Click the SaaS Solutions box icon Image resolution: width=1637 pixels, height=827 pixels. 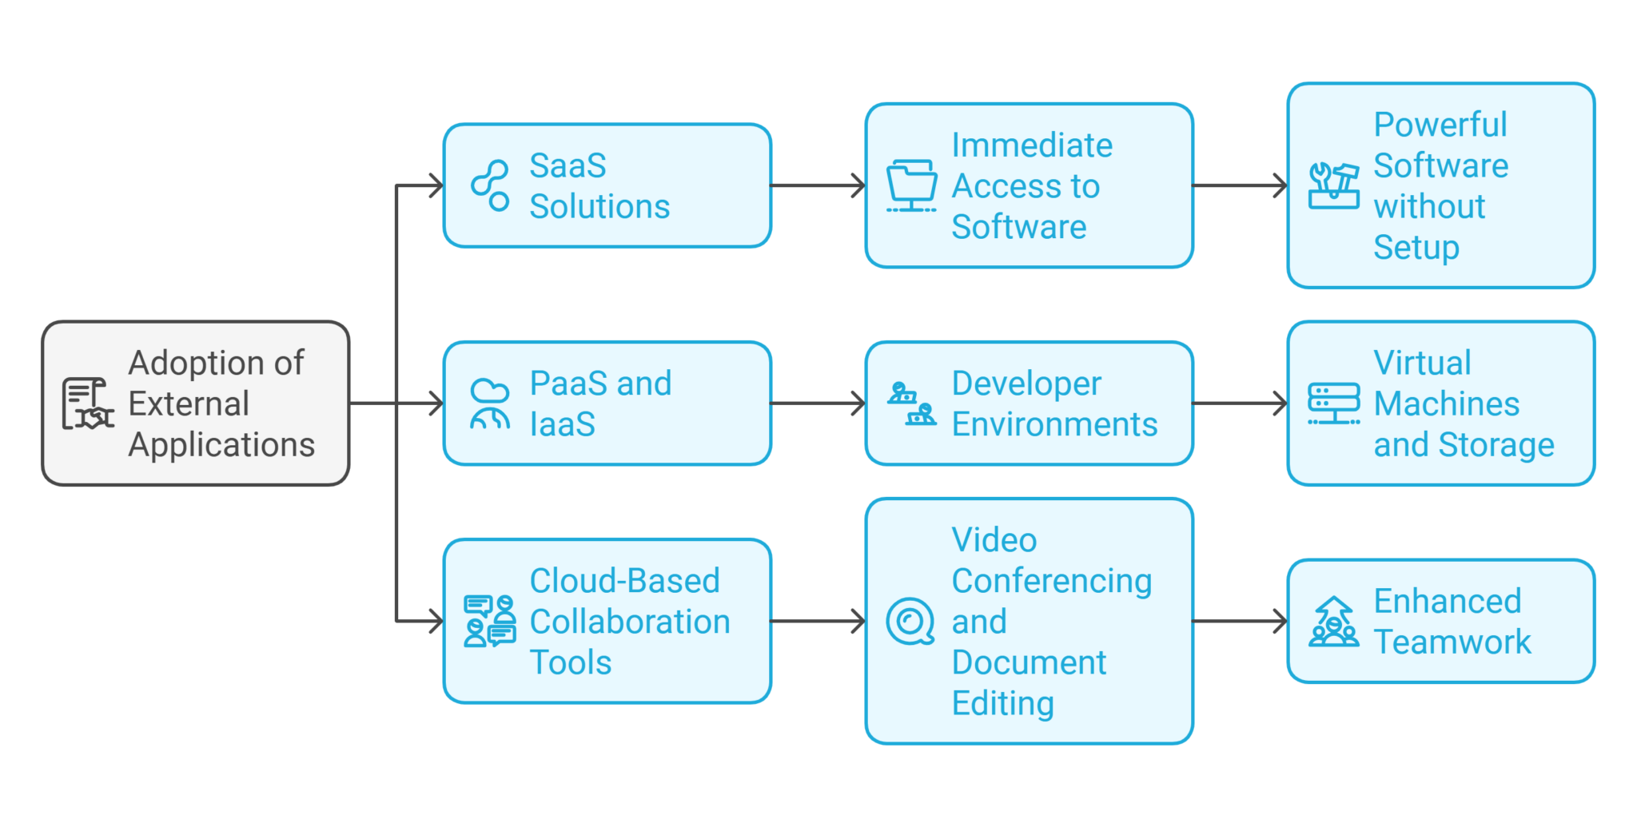point(490,185)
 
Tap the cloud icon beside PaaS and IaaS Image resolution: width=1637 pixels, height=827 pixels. point(490,404)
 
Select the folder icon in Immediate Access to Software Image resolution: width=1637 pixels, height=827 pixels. point(911,185)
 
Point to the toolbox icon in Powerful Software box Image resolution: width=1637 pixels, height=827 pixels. point(1333,185)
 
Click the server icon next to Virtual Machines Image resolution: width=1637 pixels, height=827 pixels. point(1333,404)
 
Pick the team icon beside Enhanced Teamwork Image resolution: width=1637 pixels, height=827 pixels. point(1333,622)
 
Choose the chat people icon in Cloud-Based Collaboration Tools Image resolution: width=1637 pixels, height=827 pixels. point(490,622)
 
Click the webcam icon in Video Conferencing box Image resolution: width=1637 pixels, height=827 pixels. point(910,622)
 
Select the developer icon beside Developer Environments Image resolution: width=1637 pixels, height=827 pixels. point(911,404)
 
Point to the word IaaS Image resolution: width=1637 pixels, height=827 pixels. point(562,424)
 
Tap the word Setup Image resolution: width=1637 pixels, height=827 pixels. point(1416,248)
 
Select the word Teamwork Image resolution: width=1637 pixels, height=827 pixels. point(1452,642)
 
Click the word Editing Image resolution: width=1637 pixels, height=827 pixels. point(1002,704)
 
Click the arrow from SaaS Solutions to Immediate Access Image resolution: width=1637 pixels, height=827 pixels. point(818,185)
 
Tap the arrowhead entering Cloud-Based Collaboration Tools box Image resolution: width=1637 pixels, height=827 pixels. point(436,622)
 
